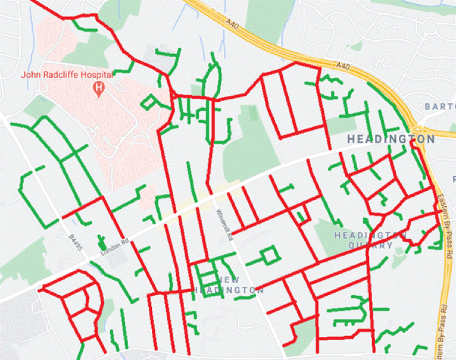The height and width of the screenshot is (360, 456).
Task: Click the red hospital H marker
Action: click(99, 89)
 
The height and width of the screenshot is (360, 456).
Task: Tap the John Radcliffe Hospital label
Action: click(67, 75)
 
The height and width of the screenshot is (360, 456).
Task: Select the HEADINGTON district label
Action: click(391, 139)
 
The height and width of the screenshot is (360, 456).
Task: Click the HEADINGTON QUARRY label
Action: click(363, 240)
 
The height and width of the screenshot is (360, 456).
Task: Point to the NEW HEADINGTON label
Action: click(229, 284)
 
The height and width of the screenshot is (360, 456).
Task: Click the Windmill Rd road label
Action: click(223, 225)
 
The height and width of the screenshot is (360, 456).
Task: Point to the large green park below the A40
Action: click(250, 143)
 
